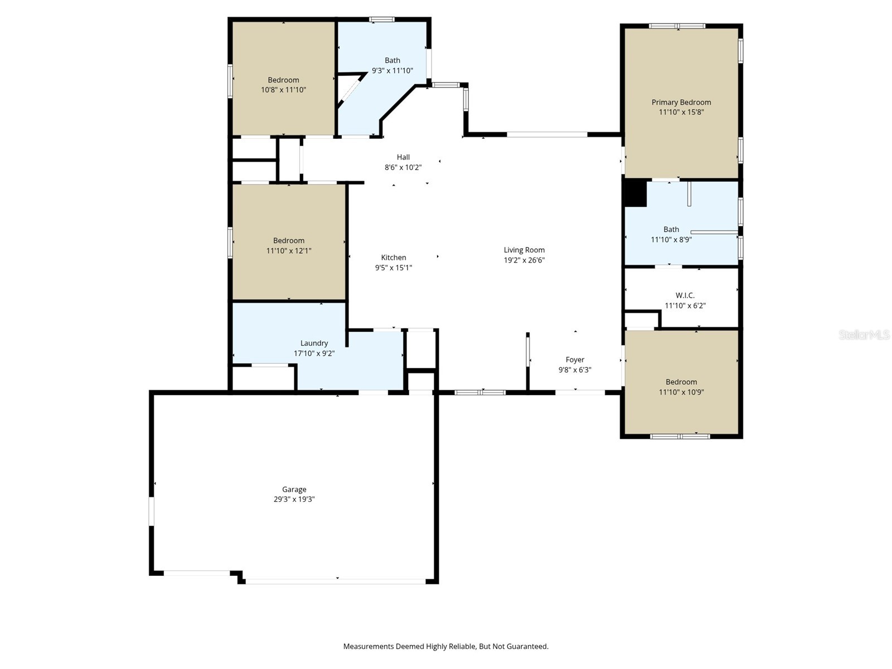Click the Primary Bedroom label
(681, 102)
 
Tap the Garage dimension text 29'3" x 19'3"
(294, 500)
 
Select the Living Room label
(524, 250)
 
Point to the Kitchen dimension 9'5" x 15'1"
(393, 268)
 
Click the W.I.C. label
(685, 295)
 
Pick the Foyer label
(575, 360)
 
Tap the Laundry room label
(314, 343)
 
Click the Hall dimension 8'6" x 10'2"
(403, 167)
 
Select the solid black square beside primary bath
(634, 193)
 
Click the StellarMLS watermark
(864, 334)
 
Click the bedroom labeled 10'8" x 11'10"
(283, 85)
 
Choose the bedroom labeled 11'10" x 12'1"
(288, 246)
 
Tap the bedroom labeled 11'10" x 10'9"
(681, 387)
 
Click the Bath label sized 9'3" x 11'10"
(392, 60)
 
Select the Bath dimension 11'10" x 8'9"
(671, 240)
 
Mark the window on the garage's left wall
(151, 511)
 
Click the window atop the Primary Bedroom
(677, 26)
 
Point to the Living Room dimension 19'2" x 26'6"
(524, 260)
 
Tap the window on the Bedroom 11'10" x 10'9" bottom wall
(680, 437)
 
